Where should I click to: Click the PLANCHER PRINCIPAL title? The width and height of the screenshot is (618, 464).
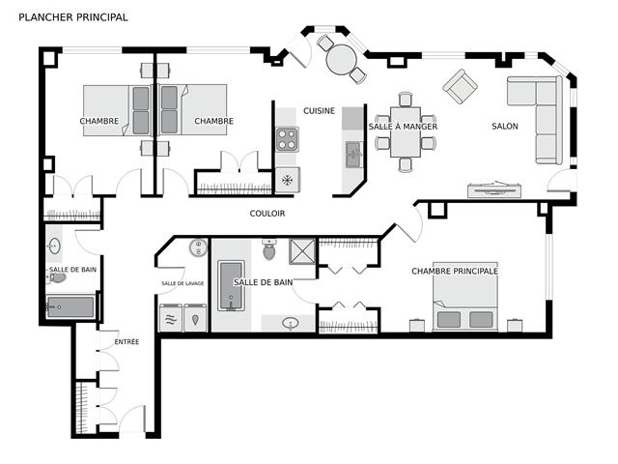click(x=73, y=17)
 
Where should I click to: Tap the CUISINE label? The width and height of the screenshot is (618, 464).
click(x=319, y=111)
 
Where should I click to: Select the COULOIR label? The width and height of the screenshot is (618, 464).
click(x=267, y=214)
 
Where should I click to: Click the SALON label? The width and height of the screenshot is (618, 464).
click(x=504, y=127)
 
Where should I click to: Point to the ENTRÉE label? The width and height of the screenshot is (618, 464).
click(x=126, y=341)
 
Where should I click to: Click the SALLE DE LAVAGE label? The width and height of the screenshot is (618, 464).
click(x=183, y=283)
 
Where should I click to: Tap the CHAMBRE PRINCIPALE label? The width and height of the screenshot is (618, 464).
click(x=455, y=271)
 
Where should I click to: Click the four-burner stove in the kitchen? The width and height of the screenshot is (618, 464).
click(x=287, y=139)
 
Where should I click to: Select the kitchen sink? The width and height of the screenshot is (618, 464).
click(x=354, y=155)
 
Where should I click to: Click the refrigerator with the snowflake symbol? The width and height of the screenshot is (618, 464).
click(x=288, y=180)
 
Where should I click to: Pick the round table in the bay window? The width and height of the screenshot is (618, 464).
click(x=342, y=60)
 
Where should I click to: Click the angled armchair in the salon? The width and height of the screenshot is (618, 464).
click(x=460, y=86)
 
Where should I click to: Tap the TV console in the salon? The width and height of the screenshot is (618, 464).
click(x=495, y=190)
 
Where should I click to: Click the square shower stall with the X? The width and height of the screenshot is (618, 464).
click(x=302, y=251)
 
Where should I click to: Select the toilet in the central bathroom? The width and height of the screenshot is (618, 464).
click(x=269, y=249)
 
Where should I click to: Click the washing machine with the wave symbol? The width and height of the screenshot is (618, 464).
click(x=171, y=318)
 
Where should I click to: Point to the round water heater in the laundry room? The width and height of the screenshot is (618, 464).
click(x=198, y=247)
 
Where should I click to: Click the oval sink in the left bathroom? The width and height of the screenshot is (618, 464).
click(x=54, y=246)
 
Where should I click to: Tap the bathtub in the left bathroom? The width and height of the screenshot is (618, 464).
click(x=70, y=307)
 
